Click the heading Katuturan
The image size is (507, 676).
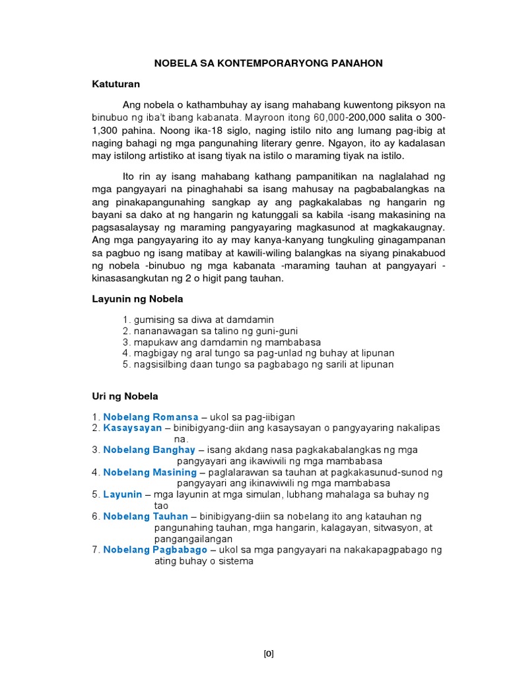tap(116, 84)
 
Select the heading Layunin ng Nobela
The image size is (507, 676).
tap(137, 299)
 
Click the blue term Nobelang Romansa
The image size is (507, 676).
tap(151, 417)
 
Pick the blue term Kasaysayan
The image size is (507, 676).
tap(133, 428)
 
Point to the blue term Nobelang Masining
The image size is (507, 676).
tap(150, 473)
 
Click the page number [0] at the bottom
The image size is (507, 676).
tap(269, 636)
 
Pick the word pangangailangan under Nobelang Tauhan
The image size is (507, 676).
tap(193, 539)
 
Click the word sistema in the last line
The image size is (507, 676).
tap(236, 561)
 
